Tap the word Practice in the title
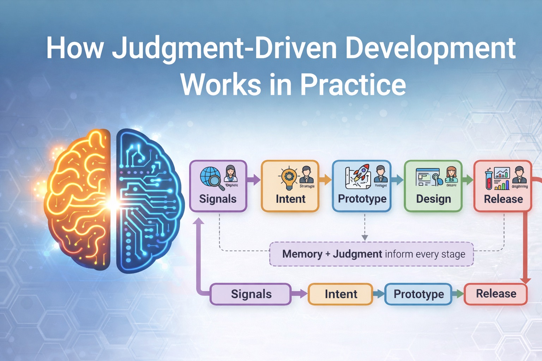(353, 85)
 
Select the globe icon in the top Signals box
(210, 177)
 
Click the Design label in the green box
(433, 199)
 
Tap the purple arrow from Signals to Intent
(254, 180)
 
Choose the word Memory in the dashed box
(302, 254)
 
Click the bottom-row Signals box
(251, 294)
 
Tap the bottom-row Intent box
(341, 294)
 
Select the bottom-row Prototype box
(418, 294)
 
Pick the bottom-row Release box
(496, 294)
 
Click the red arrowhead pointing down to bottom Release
(525, 280)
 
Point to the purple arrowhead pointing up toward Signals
(199, 221)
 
